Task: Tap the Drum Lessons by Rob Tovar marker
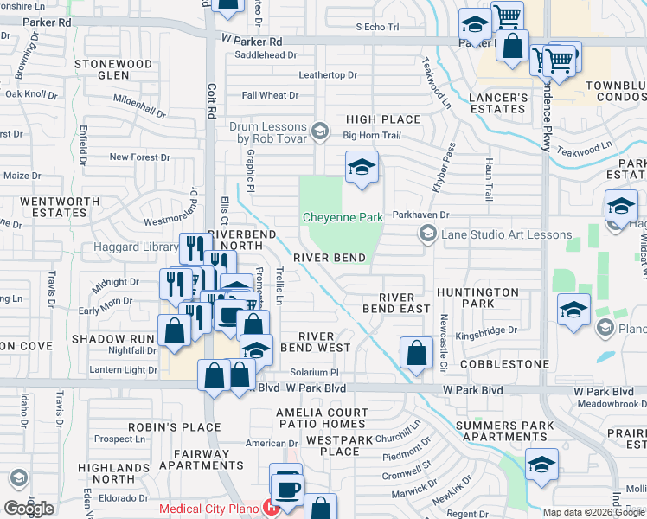tap(320, 132)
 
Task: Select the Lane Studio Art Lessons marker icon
tap(426, 234)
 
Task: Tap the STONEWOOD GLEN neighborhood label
tap(113, 69)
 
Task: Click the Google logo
tap(29, 508)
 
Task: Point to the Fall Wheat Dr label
tap(270, 96)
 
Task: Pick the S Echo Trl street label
tap(378, 28)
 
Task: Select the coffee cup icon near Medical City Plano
tap(286, 486)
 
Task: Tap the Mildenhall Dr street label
tap(139, 107)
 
